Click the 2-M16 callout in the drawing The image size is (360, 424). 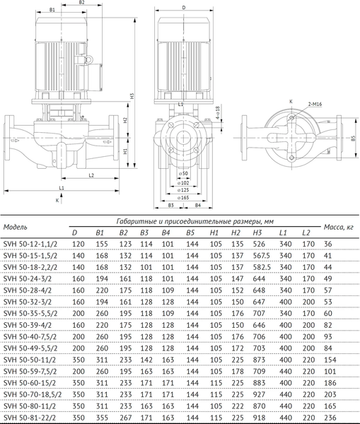click(x=316, y=104)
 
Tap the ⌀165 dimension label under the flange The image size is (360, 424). click(x=184, y=198)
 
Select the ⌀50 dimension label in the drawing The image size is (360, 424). click(x=184, y=172)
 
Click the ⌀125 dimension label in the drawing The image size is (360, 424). click(x=184, y=189)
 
